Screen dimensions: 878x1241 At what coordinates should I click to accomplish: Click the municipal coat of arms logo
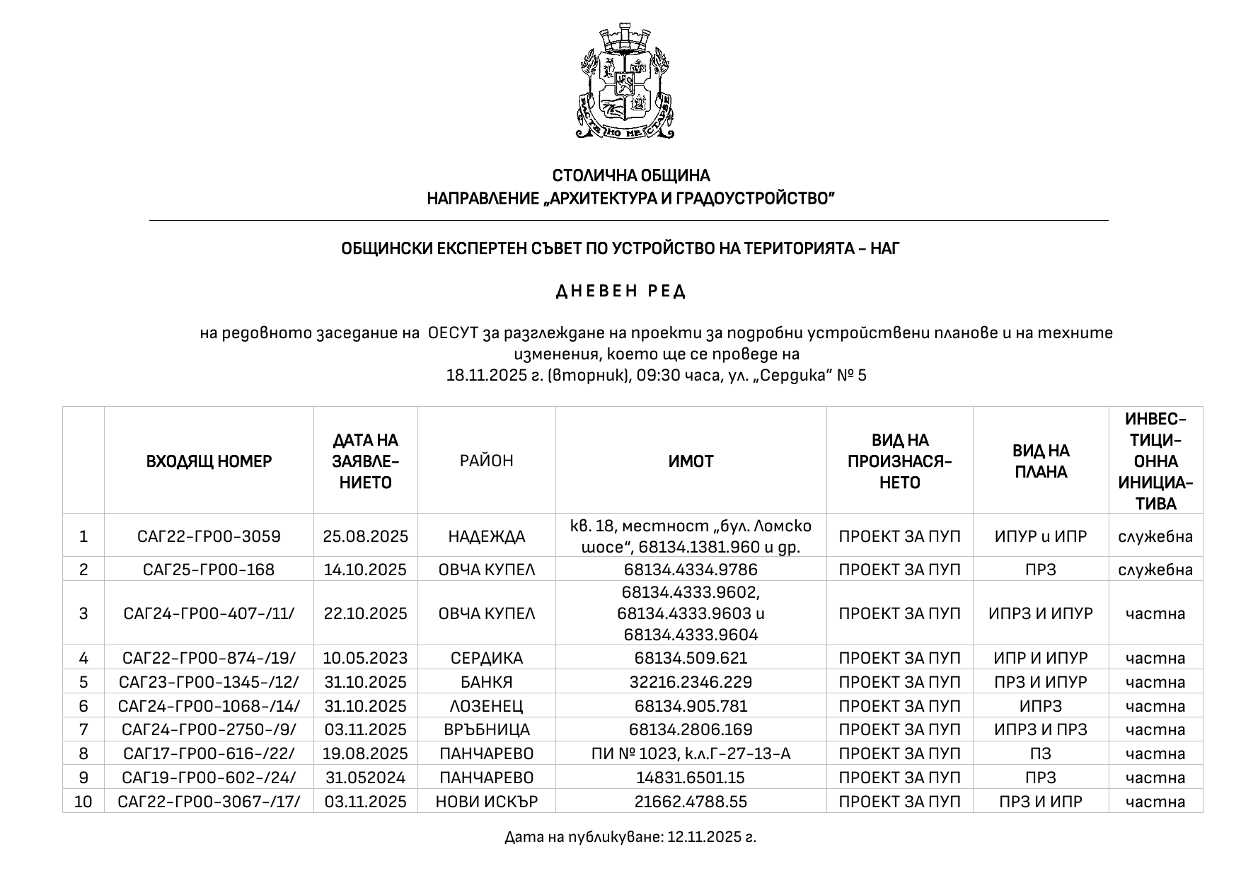pos(626,81)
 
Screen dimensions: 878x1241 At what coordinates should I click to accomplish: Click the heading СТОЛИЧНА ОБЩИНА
pos(630,175)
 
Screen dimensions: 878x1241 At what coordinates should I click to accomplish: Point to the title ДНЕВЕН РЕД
pos(620,291)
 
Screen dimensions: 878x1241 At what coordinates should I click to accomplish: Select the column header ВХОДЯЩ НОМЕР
pos(209,461)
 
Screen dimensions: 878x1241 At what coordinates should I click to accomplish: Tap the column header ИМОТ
pos(691,461)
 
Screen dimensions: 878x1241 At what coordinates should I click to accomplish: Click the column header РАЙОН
pos(486,461)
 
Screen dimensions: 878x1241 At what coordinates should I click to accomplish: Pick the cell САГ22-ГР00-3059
pos(209,536)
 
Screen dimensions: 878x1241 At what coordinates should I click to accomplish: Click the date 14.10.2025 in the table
pos(365,570)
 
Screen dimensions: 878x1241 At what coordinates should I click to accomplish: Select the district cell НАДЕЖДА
pos(486,536)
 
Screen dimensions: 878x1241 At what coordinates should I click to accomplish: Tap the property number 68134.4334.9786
pos(691,570)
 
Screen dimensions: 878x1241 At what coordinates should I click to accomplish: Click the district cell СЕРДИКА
pos(486,658)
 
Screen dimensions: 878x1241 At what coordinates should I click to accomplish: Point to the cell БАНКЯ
pos(486,682)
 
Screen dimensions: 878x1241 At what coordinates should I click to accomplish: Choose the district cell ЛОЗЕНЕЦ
pos(486,706)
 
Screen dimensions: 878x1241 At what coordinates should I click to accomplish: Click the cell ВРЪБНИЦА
pos(486,729)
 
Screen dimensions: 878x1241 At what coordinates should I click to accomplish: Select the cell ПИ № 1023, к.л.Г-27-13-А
pos(691,753)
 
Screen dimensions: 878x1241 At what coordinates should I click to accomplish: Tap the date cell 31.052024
pos(365,778)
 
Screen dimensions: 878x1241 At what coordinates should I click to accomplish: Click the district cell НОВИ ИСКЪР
pos(486,802)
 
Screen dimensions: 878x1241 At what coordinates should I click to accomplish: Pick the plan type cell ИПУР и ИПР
pos(1040,536)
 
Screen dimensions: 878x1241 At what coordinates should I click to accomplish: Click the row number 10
pos(83,802)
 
